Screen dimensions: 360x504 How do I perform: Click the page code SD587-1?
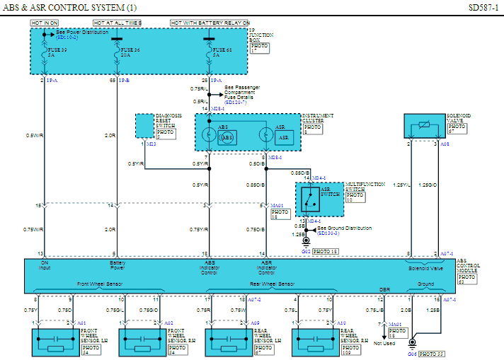[x=483, y=8]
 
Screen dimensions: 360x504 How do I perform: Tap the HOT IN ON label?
[x=44, y=23]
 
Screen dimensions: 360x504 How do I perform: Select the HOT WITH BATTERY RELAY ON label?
[x=210, y=23]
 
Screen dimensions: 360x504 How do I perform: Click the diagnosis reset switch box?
[x=144, y=126]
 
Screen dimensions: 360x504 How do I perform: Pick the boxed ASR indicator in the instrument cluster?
[x=282, y=137]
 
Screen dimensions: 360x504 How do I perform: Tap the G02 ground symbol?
[x=305, y=242]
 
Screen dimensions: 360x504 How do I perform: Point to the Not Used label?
[x=384, y=344]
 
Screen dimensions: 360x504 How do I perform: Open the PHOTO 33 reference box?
[x=432, y=354]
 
